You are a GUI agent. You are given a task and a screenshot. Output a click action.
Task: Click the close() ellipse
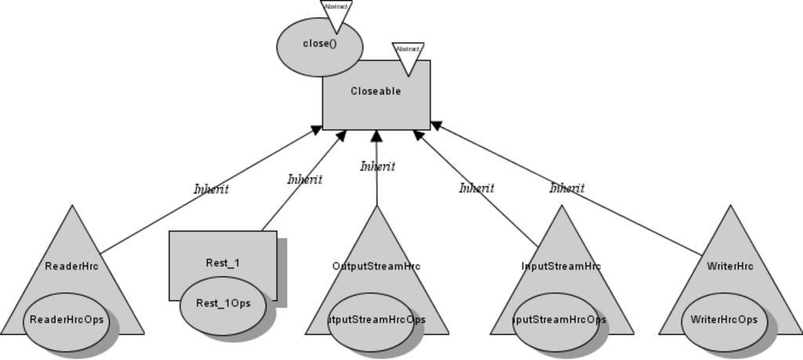[x=319, y=45]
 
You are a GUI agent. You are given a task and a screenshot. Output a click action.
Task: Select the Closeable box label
[x=376, y=91]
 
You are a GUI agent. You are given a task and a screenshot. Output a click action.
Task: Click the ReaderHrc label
[x=72, y=266]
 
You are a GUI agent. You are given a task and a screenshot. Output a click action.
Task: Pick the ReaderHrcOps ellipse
[x=66, y=320]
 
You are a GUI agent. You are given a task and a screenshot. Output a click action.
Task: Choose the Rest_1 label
[x=223, y=263]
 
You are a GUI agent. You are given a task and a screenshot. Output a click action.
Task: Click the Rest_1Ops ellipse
[x=223, y=304]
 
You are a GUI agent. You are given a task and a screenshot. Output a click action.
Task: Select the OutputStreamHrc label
[x=376, y=266]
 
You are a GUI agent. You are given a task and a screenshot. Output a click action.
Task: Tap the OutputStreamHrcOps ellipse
[x=371, y=320]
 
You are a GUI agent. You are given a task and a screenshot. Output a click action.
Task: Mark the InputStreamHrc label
[x=561, y=266]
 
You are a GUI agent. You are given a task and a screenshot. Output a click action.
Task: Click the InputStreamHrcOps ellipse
[x=556, y=320]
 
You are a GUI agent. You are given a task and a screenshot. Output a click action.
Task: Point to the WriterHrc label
[x=730, y=266]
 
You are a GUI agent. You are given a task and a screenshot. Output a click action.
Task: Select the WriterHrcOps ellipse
[x=724, y=320]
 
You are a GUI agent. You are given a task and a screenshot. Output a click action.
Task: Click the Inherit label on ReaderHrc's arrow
[x=211, y=189]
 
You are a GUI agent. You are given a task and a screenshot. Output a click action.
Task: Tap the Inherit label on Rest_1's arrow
[x=304, y=179]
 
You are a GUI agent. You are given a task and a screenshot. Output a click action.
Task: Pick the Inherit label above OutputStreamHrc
[x=377, y=166]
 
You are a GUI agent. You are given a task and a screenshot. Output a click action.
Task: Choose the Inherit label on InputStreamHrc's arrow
[x=476, y=188]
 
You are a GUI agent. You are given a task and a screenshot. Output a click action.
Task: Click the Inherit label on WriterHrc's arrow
[x=566, y=188]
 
